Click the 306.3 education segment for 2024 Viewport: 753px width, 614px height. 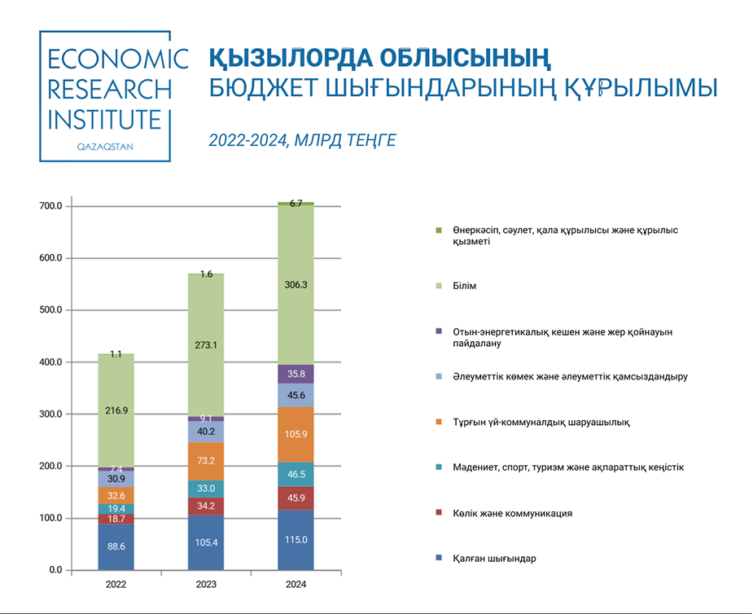coord(296,285)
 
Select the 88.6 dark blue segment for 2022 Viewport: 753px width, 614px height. coord(116,546)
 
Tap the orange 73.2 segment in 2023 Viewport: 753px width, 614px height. coord(206,461)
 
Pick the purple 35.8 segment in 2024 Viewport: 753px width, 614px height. coord(296,374)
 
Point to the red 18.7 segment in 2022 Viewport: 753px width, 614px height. coord(116,519)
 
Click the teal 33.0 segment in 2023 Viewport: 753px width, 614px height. coord(206,489)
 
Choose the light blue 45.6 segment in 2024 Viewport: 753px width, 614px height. coord(296,395)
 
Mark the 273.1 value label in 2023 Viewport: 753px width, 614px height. coord(206,345)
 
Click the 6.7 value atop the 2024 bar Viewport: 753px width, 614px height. coord(296,204)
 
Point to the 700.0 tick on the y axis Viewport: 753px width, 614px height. coord(50,207)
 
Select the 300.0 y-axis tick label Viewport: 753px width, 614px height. coord(50,414)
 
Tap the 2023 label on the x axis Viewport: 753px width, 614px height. coord(206,585)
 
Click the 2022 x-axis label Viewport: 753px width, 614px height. coord(116,585)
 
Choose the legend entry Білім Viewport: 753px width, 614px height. coord(465,286)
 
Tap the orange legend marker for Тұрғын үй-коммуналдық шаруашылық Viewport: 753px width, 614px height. coord(439,422)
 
